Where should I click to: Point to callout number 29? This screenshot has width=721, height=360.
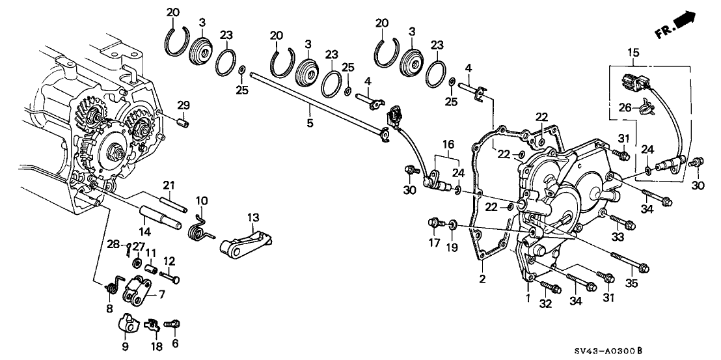coord(184,105)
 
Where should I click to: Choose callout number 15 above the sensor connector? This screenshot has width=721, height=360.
coord(634,51)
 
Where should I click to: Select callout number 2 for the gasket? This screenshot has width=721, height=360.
coord(482,279)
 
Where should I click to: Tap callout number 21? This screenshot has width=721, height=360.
coord(169,185)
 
